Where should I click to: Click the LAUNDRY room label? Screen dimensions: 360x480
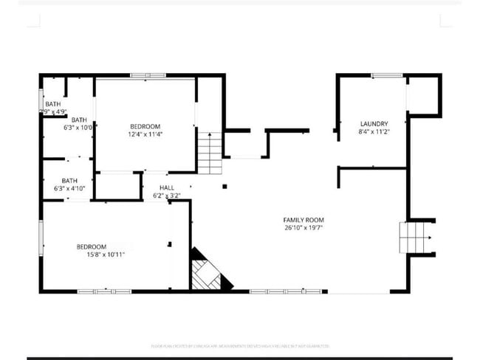click(374, 123)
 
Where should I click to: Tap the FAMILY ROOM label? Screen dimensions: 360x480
click(304, 220)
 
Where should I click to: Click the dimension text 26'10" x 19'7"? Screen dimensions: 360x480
click(304, 228)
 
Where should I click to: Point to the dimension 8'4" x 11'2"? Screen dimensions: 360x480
click(374, 132)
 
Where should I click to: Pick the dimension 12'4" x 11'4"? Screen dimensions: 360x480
click(145, 134)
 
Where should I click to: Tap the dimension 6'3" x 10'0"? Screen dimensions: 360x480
click(78, 128)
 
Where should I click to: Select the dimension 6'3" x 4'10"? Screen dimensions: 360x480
click(70, 189)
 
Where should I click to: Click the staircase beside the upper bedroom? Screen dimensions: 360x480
click(209, 153)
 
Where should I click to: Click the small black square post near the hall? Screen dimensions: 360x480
click(224, 186)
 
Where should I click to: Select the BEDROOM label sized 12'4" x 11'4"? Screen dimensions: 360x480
click(145, 126)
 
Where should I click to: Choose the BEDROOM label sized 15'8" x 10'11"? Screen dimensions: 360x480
click(92, 246)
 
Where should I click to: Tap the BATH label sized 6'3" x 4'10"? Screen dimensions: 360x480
click(69, 181)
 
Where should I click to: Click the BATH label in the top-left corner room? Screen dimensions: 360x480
click(52, 104)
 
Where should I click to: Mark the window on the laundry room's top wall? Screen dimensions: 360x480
click(386, 75)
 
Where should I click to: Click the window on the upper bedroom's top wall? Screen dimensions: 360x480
click(143, 75)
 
